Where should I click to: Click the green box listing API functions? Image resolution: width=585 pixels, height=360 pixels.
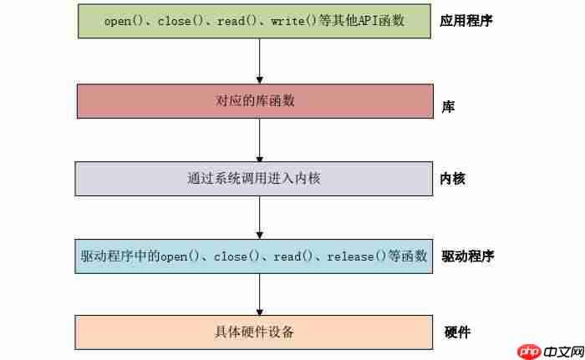[x=254, y=21]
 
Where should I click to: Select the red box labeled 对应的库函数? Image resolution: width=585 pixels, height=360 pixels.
[x=254, y=101]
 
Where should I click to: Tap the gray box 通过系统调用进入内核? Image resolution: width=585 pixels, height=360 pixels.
[x=254, y=178]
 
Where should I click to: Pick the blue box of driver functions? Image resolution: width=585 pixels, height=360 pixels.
[x=254, y=256]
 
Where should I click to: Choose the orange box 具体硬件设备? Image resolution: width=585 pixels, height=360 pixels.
[x=254, y=332]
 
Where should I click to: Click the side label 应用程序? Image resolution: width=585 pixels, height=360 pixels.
[x=465, y=20]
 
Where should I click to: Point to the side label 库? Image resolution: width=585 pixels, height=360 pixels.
[x=448, y=107]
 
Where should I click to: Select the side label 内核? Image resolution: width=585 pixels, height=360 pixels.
[x=452, y=178]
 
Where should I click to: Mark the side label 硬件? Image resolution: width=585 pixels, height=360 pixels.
[x=457, y=332]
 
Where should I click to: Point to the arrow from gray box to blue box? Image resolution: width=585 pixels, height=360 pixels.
[x=260, y=216]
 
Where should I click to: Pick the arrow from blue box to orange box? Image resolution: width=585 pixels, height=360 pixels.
[x=260, y=293]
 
